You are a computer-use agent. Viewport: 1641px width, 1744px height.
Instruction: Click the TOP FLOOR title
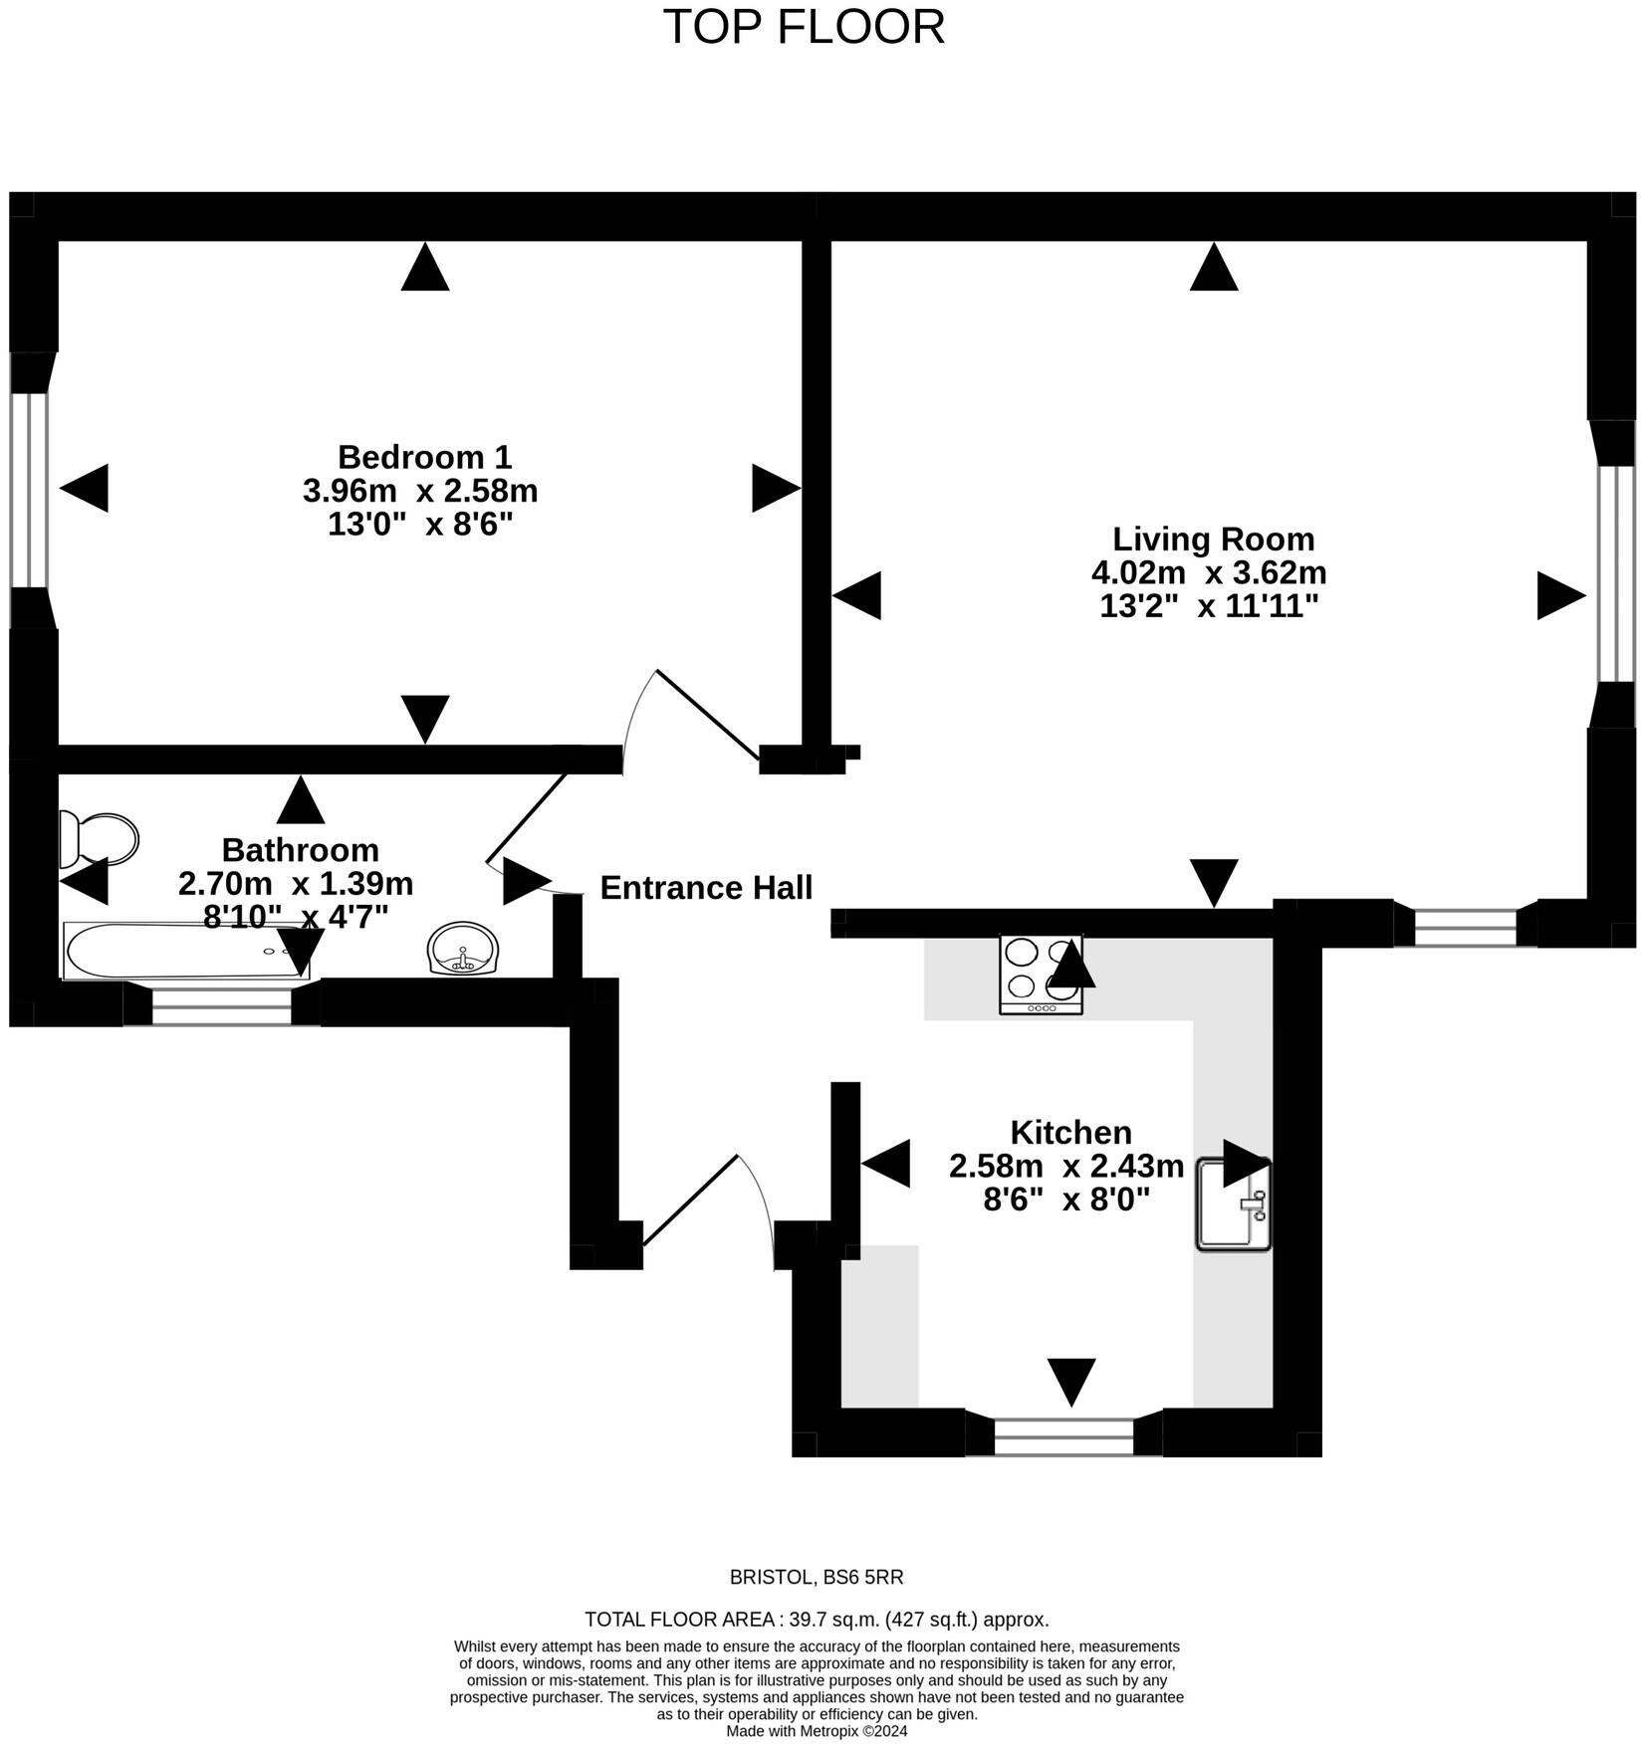tap(804, 27)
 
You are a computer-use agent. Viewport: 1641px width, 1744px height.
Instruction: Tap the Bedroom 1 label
tap(424, 457)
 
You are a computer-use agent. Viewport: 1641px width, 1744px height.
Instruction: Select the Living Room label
tap(1213, 539)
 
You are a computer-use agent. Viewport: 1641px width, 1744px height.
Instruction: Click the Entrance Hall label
tap(706, 887)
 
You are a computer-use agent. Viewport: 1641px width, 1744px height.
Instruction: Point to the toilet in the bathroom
tap(99, 838)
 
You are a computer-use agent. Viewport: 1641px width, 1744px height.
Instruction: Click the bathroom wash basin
tap(462, 949)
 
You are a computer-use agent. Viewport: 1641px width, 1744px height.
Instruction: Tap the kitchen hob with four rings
tap(1041, 974)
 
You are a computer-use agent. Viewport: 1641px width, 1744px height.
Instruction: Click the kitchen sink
tap(1233, 1203)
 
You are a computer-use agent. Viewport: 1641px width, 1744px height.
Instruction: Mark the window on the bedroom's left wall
tap(30, 489)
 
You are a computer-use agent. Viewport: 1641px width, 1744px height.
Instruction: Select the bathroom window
tap(221, 1004)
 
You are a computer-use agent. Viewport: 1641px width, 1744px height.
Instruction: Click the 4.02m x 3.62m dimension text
tap(1209, 572)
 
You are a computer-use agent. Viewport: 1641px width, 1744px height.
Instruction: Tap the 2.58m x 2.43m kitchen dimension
tap(1066, 1166)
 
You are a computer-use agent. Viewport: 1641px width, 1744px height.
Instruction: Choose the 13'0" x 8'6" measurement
tap(420, 525)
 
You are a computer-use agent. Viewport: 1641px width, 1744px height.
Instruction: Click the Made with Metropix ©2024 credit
tap(817, 1731)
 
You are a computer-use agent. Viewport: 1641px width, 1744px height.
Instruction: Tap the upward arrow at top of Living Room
tap(1213, 268)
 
